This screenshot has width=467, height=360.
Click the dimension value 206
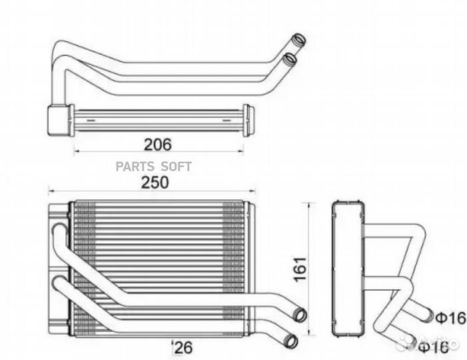pos(158,143)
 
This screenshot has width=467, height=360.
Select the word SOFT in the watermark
pos(176,167)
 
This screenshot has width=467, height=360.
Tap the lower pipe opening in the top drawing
pos(289,60)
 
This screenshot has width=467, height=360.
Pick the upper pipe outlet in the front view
pos(300,315)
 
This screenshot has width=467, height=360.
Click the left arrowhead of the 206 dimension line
pos(75,151)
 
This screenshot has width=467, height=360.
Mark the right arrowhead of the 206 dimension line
pos(243,151)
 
